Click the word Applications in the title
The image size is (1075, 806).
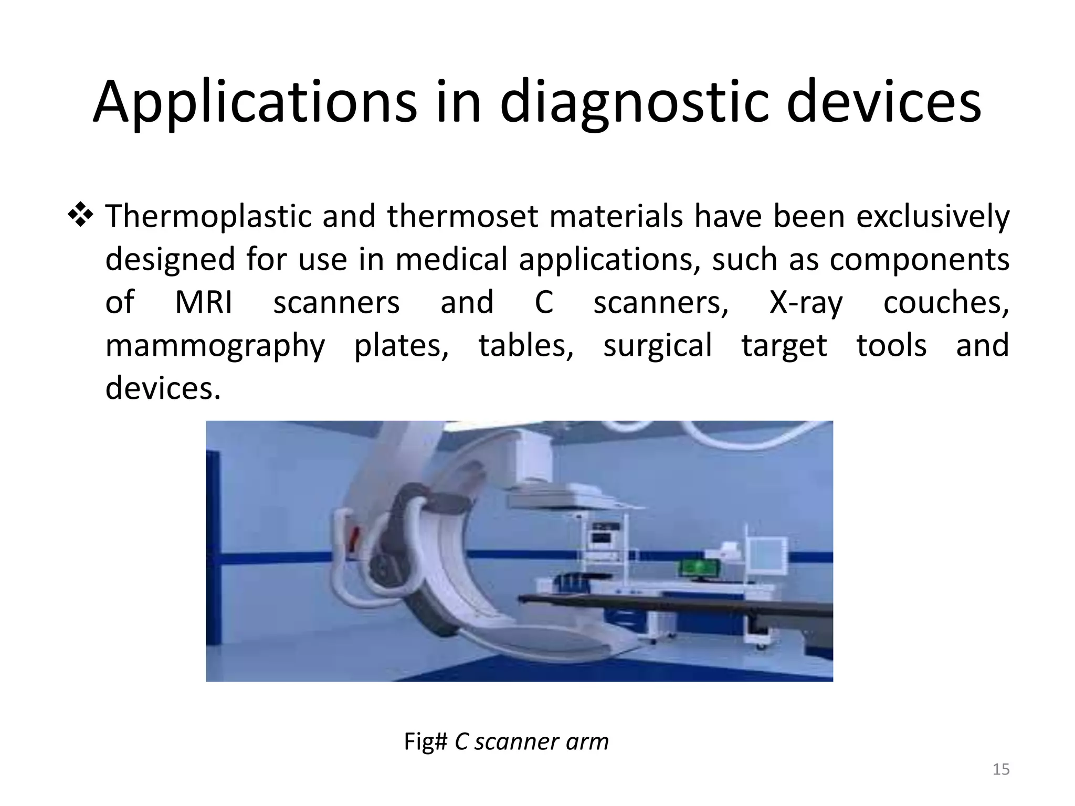tap(255, 102)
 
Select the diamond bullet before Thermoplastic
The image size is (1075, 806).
tap(80, 216)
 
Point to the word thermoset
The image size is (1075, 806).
tap(462, 217)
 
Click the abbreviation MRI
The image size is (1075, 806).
tap(203, 303)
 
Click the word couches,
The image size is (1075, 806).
tap(946, 303)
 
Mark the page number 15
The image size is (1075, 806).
tap(1001, 769)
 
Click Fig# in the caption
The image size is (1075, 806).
tap(425, 741)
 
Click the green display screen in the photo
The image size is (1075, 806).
tap(698, 568)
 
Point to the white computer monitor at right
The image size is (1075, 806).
tap(767, 556)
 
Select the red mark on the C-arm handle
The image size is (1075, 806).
tap(355, 537)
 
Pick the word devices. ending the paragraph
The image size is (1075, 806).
tap(163, 389)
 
